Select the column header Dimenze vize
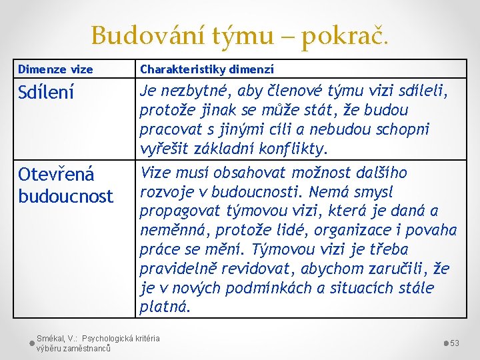(x=55, y=69)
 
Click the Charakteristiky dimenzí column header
(x=207, y=69)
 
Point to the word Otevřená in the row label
(x=57, y=175)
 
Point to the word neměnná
(x=171, y=231)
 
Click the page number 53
(x=455, y=343)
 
